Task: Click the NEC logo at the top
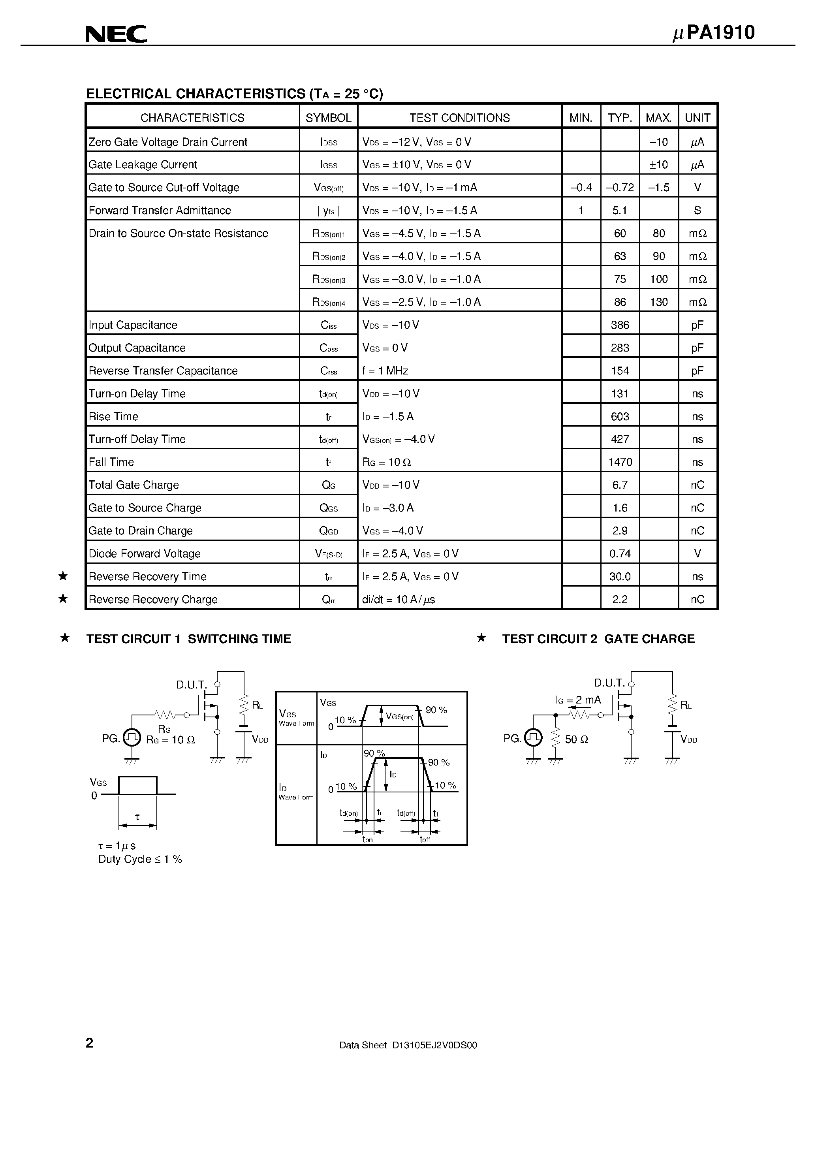[x=116, y=34]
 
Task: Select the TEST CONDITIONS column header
[x=459, y=118]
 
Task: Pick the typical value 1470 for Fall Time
[x=620, y=462]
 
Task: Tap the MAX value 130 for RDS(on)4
[x=658, y=302]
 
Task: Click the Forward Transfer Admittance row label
[x=160, y=210]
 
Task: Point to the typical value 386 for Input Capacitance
[x=620, y=325]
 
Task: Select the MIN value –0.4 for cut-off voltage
[x=581, y=188]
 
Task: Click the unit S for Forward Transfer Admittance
[x=697, y=210]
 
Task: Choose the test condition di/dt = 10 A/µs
[x=399, y=600]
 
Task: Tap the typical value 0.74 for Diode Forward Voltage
[x=620, y=554]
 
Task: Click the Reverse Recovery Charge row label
[x=153, y=600]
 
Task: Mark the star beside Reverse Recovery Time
[x=63, y=576]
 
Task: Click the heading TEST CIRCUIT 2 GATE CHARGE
[x=598, y=639]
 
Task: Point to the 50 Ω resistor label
[x=577, y=739]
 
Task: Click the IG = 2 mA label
[x=578, y=700]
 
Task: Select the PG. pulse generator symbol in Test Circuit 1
[x=132, y=738]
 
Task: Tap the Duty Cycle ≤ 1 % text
[x=140, y=859]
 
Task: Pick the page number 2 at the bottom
[x=90, y=1043]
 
